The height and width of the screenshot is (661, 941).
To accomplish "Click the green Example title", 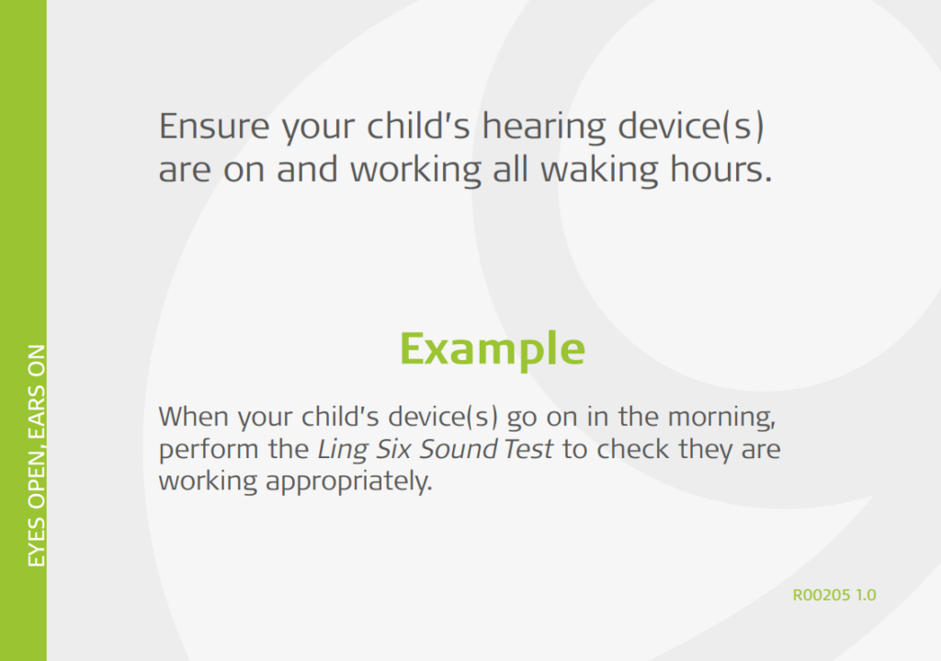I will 492,349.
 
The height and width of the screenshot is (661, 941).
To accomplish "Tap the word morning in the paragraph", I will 727,418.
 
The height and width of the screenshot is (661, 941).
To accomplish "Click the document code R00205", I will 822,595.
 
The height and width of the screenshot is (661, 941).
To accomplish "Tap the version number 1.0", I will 866,595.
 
